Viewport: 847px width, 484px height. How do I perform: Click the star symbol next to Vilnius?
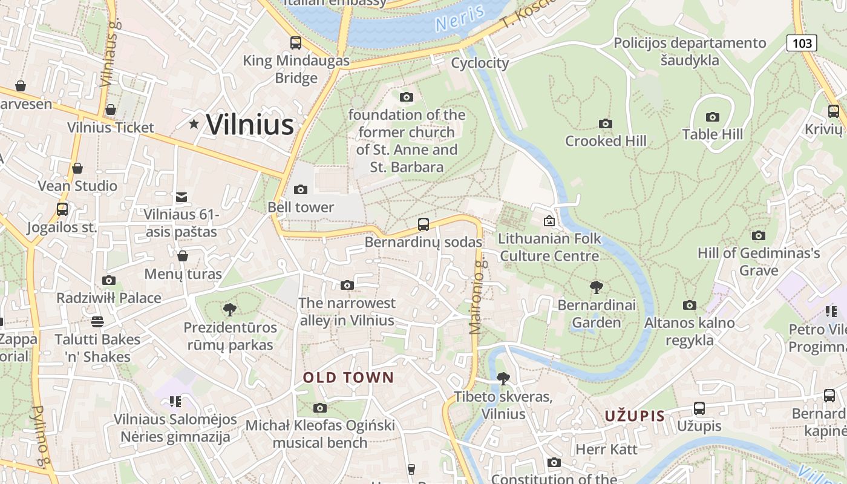coord(194,124)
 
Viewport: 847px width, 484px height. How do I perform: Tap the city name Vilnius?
coord(250,125)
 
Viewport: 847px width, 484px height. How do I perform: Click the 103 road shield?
coord(802,43)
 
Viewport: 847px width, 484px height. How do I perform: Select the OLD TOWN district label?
coord(348,378)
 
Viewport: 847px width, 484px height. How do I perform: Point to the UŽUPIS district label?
coord(635,416)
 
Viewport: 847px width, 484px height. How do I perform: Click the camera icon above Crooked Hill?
coord(605,124)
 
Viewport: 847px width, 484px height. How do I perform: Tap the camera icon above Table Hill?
coord(713,117)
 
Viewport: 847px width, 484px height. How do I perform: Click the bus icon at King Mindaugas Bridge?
coord(295,43)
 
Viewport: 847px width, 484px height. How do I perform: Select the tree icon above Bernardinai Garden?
coord(596,287)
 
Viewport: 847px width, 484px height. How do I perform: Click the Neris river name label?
coord(460,18)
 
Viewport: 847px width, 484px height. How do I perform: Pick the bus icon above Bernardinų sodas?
coord(423,224)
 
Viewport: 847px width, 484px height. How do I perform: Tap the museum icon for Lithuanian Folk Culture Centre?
coord(549,221)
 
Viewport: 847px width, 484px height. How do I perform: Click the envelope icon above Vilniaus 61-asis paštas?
coord(181,197)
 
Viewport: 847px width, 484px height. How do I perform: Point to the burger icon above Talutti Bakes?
coord(97,321)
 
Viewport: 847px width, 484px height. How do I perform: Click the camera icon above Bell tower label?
coord(300,190)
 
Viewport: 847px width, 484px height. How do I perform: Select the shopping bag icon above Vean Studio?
coord(77,168)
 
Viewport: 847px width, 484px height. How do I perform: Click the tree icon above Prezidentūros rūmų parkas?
coord(229,310)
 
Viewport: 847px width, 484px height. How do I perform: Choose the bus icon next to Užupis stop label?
coord(699,408)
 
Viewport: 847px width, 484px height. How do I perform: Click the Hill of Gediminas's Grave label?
coord(759,261)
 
